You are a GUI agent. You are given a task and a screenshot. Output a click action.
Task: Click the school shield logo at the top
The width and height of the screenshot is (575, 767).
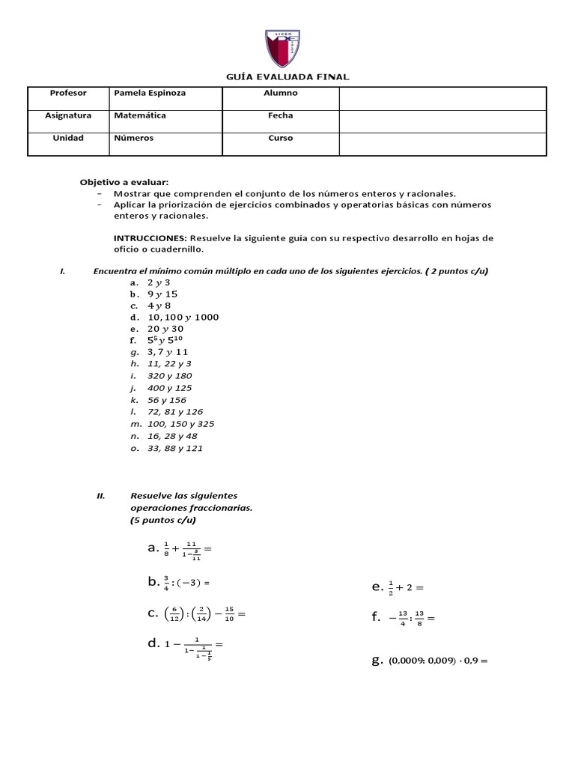coord(287,47)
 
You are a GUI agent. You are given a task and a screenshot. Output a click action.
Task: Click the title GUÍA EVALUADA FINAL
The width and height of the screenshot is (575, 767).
coord(287,76)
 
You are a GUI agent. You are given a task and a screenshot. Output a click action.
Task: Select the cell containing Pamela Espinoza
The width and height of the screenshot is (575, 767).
coord(150,94)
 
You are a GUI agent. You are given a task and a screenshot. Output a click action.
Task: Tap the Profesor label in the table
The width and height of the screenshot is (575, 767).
coord(68,94)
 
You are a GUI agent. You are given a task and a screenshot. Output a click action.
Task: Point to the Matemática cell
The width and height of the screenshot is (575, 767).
coord(140,116)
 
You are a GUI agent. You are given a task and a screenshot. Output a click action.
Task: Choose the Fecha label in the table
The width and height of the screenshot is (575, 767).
coord(281,116)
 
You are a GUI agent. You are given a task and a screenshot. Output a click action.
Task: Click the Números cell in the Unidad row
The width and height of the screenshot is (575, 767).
coord(134,139)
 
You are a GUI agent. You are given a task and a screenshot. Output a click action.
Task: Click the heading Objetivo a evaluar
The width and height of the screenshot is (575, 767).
coord(124,182)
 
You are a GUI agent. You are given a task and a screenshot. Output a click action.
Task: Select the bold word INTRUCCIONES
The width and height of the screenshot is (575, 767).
coord(150,238)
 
